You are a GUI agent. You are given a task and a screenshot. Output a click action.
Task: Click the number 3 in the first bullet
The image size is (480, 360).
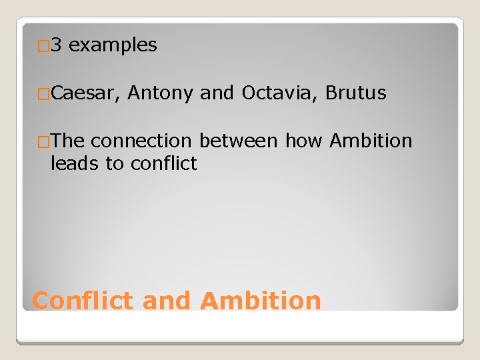click(56, 45)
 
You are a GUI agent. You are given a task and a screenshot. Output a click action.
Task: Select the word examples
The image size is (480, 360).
click(113, 45)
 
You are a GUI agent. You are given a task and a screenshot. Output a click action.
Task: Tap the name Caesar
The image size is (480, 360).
click(85, 93)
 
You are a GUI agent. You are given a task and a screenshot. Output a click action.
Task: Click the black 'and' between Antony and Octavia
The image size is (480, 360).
click(217, 93)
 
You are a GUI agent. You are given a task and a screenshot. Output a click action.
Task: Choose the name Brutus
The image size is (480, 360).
click(356, 93)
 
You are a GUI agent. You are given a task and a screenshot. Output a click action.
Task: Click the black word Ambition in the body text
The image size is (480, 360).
click(371, 141)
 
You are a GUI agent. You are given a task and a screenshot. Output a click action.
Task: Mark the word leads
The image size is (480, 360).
click(75, 163)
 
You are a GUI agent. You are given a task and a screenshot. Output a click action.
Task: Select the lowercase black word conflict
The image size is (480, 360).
click(163, 163)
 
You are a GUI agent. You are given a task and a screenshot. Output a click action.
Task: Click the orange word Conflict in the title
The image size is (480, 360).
click(83, 301)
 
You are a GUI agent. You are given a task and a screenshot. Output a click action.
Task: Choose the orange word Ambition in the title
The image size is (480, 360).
click(261, 301)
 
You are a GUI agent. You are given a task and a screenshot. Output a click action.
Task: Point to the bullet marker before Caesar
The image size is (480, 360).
click(43, 95)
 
